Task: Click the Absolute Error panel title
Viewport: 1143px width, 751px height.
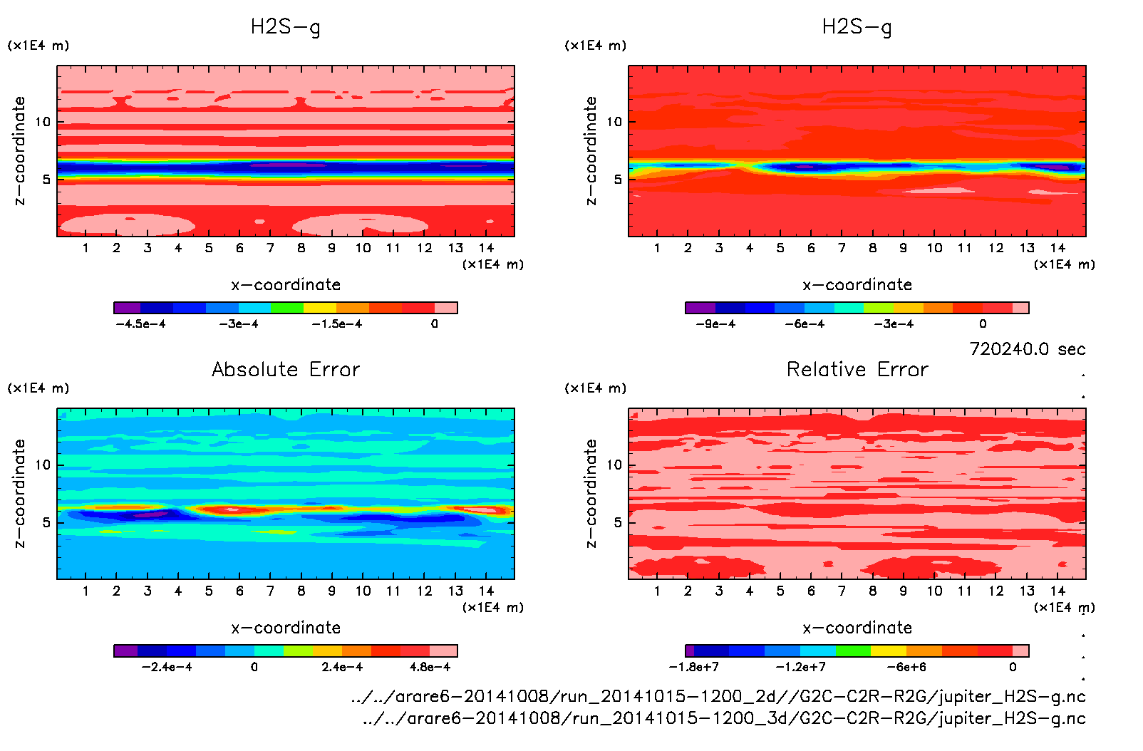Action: pyautogui.click(x=286, y=370)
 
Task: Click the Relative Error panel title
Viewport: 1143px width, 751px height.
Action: pyautogui.click(x=857, y=370)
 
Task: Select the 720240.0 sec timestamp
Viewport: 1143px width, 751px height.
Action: pyautogui.click(x=1027, y=349)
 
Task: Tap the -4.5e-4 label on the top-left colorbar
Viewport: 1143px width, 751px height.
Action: pyautogui.click(x=140, y=324)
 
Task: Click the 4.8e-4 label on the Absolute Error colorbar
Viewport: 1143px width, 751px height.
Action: pyautogui.click(x=430, y=668)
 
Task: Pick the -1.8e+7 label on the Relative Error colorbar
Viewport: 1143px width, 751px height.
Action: pyautogui.click(x=693, y=668)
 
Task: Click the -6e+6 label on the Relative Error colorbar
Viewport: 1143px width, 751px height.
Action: pyautogui.click(x=906, y=668)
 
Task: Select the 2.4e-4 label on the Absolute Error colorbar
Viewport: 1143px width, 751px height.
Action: pyautogui.click(x=342, y=668)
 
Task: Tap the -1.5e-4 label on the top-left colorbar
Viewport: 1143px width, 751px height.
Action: pyautogui.click(x=336, y=324)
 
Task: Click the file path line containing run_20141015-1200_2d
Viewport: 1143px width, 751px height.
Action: pyautogui.click(x=718, y=697)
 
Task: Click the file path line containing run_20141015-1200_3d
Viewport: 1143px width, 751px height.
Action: pyautogui.click(x=723, y=718)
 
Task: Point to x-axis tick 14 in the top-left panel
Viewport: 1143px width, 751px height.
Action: pyautogui.click(x=486, y=248)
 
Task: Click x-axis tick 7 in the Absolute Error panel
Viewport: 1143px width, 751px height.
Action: pyautogui.click(x=270, y=591)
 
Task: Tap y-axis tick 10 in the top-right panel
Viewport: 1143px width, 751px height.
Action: pyautogui.click(x=614, y=122)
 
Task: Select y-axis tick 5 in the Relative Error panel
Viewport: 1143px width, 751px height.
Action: pyautogui.click(x=618, y=522)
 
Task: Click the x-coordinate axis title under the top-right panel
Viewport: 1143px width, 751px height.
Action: pyautogui.click(x=857, y=285)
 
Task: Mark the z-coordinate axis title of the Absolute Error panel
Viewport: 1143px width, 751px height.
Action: pyautogui.click(x=19, y=493)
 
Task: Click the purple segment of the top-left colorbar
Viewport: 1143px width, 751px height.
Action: pyautogui.click(x=128, y=308)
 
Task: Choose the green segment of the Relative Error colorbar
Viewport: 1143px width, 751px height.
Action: pyautogui.click(x=853, y=651)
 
